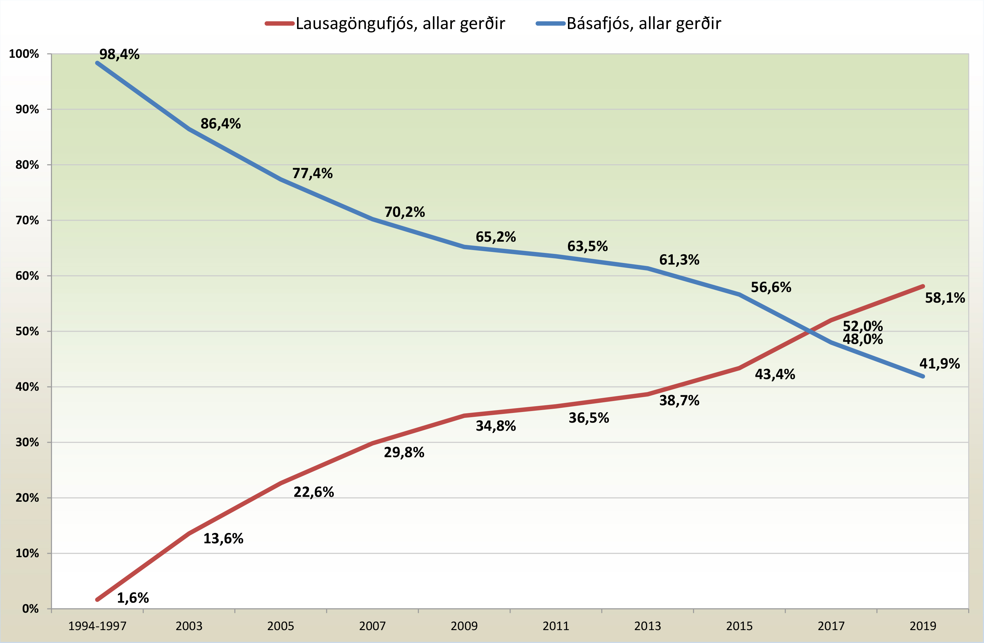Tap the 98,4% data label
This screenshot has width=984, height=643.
tap(119, 54)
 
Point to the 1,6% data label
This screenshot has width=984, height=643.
tap(133, 598)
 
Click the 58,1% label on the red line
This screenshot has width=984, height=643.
tap(945, 298)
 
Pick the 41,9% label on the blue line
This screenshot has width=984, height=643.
tap(939, 364)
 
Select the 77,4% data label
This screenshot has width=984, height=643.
tap(312, 173)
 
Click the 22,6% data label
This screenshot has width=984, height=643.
tap(313, 492)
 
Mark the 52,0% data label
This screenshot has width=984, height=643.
tap(862, 326)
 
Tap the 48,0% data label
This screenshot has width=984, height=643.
tap(862, 339)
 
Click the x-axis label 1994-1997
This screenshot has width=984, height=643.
tap(97, 626)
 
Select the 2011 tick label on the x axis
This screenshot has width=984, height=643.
tap(556, 626)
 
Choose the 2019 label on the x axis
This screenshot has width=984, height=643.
tap(923, 626)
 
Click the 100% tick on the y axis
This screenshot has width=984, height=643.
tap(24, 54)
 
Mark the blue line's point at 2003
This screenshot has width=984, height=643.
tap(189, 129)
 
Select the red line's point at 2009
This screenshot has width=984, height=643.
tap(464, 416)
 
